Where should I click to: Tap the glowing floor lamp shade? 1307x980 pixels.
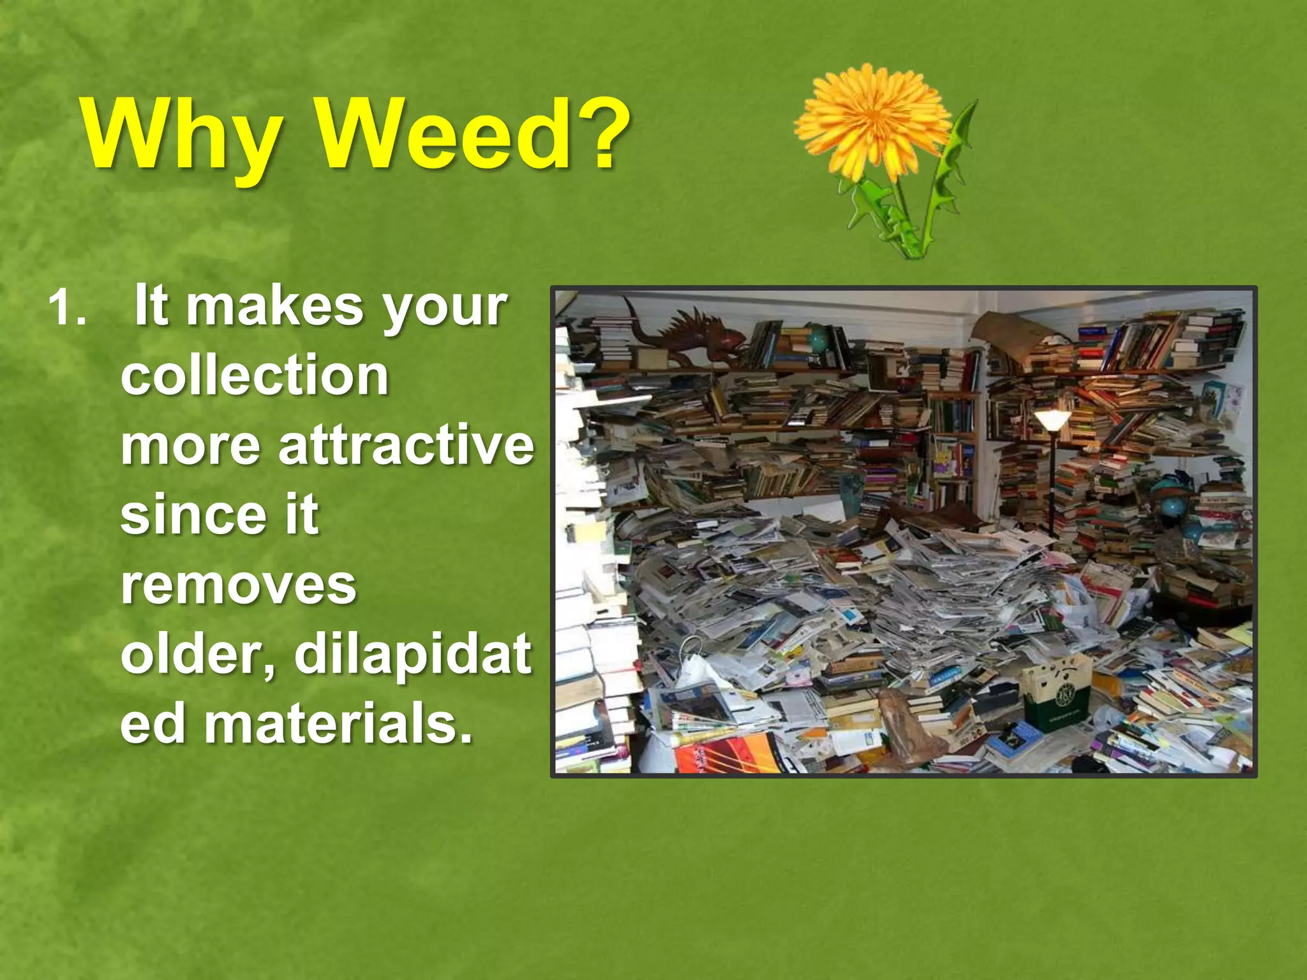tap(1052, 419)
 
